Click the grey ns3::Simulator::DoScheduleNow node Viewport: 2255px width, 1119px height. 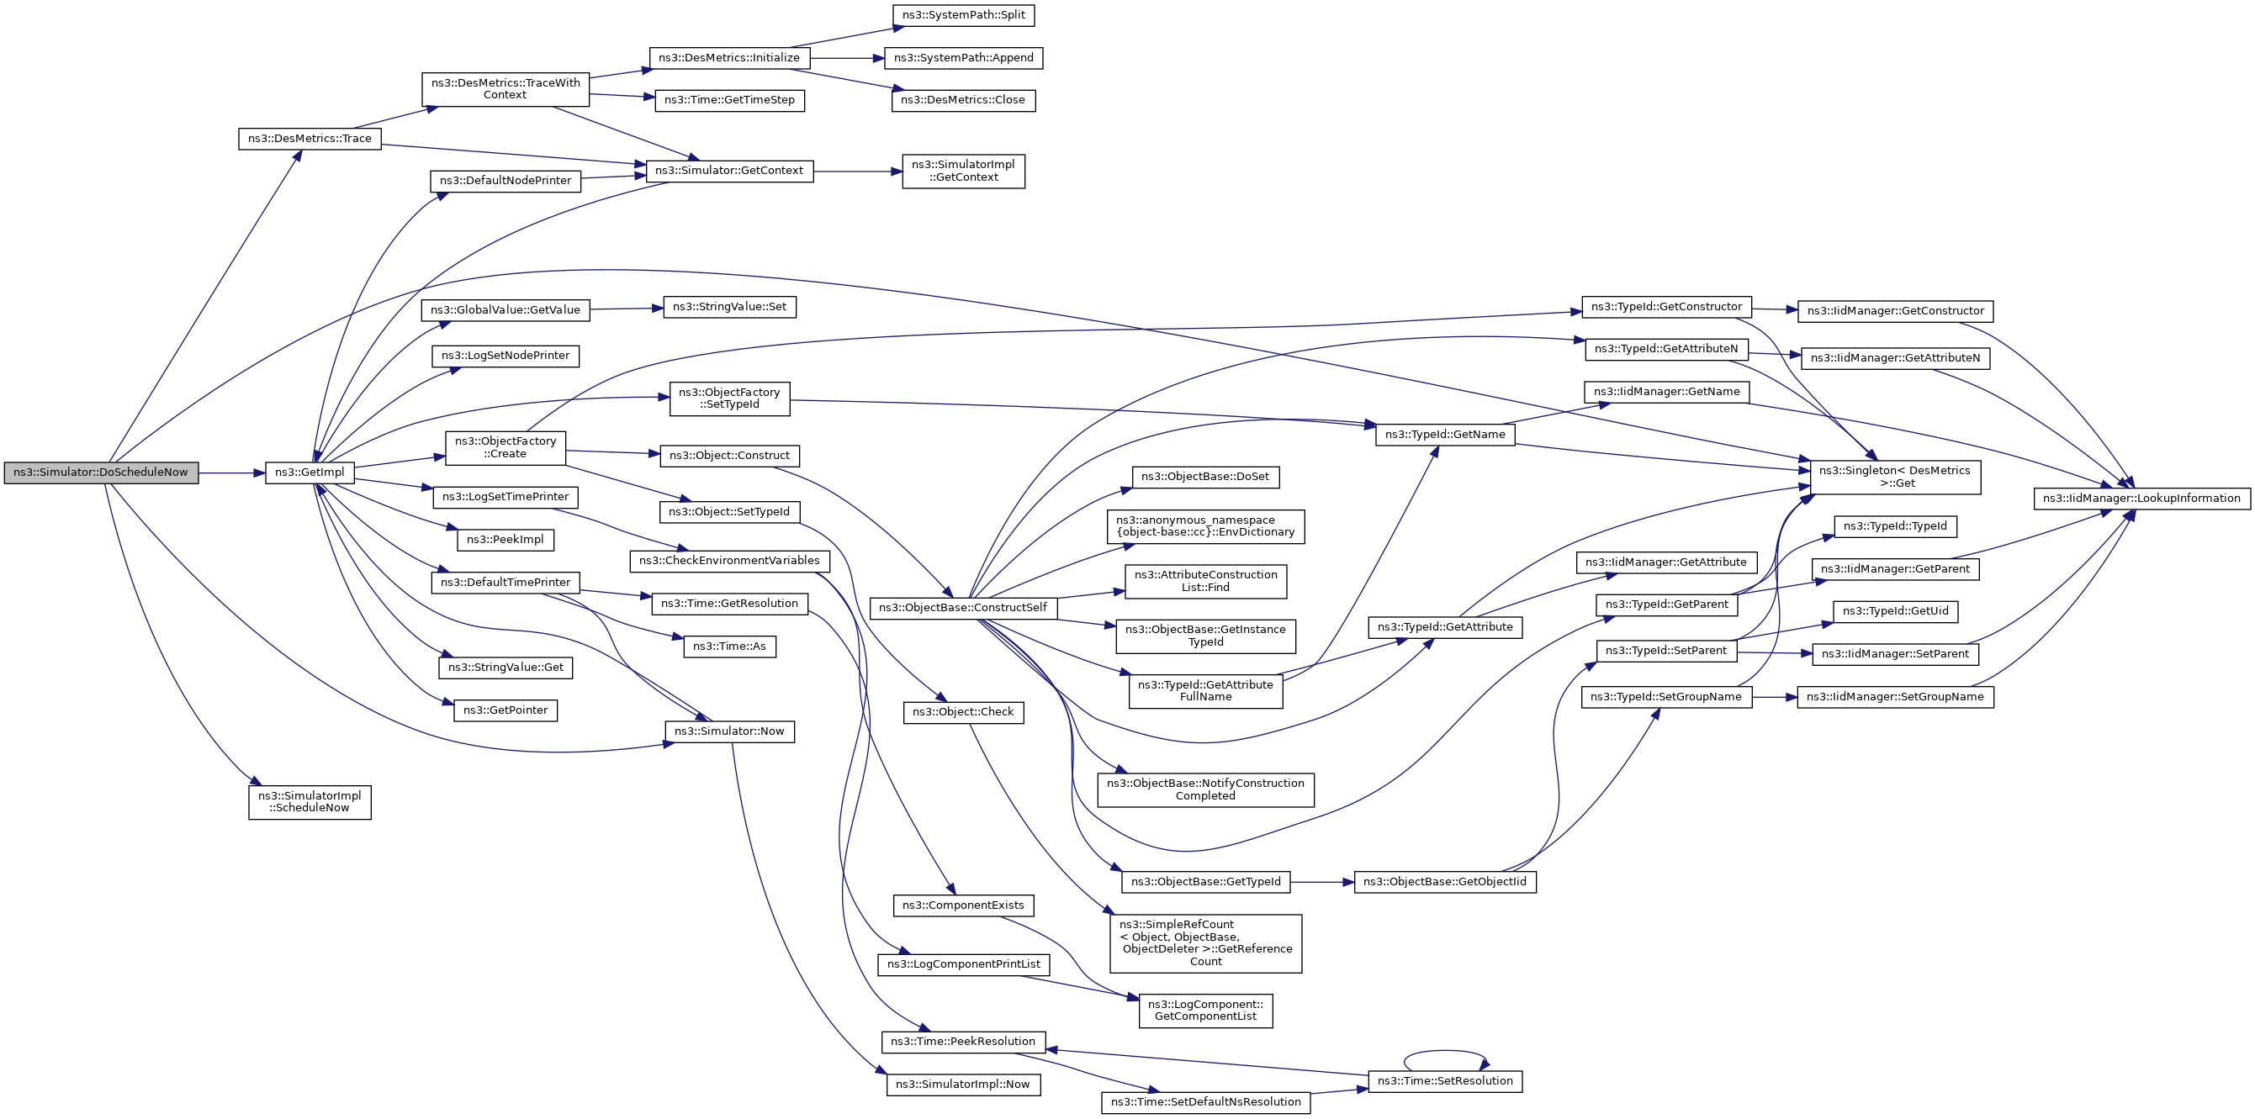101,472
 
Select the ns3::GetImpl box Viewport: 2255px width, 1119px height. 310,472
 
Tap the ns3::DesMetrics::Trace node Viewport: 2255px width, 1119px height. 310,138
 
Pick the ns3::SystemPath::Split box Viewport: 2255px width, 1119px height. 963,15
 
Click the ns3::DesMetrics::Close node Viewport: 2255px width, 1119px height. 963,100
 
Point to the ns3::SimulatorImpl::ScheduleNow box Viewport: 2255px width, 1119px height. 310,801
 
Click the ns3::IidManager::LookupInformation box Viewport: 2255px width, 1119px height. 2141,498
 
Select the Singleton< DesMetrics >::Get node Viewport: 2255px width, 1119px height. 1895,477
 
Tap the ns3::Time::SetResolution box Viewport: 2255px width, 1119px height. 1445,1080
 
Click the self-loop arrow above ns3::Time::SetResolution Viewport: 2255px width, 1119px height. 1445,1052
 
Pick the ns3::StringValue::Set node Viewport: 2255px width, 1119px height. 729,307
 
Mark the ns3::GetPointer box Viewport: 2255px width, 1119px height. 506,710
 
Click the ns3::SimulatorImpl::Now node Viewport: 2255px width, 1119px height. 963,1084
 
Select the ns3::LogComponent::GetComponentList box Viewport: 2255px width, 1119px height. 1205,1010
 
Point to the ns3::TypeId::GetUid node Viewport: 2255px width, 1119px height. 1895,610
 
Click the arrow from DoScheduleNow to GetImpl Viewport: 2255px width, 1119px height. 232,473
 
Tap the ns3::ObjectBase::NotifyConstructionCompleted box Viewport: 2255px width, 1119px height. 1205,789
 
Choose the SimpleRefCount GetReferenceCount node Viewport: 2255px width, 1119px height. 1205,942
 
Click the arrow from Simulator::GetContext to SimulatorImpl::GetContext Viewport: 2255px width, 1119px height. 858,172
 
